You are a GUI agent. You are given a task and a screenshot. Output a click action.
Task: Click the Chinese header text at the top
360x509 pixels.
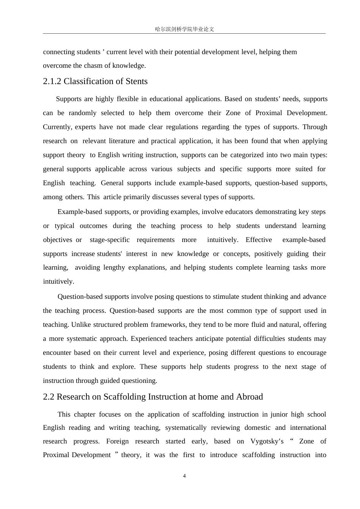click(x=185, y=29)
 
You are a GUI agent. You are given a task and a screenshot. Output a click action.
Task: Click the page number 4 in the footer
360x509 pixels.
click(x=185, y=476)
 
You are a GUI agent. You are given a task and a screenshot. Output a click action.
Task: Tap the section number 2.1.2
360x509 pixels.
click(x=52, y=81)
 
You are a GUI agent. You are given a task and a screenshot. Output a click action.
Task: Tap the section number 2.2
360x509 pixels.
click(x=49, y=397)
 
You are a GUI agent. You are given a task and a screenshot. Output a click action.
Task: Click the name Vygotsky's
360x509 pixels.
click(x=267, y=441)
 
